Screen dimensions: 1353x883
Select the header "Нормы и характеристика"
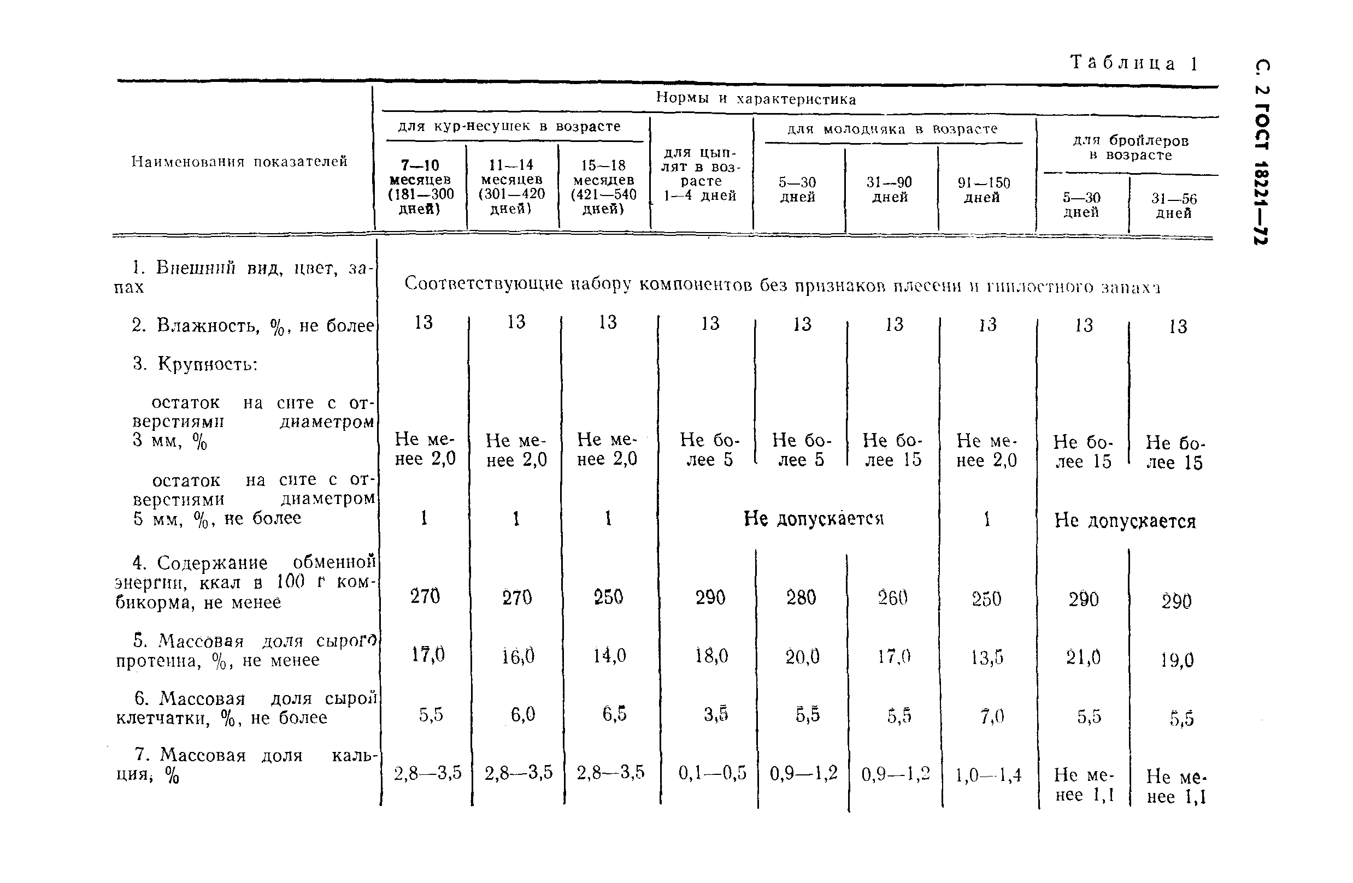[756, 99]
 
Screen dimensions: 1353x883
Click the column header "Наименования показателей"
[239, 162]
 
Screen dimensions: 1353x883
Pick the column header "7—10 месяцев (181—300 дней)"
[421, 187]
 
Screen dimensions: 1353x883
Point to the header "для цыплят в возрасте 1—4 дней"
[701, 174]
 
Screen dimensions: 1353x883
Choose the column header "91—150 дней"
[984, 190]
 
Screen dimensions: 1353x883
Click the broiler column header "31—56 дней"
[1173, 206]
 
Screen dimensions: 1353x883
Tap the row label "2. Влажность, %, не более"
[252, 325]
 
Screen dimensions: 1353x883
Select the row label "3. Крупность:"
[196, 363]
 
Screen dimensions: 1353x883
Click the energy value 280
[801, 597]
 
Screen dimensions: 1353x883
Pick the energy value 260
[892, 597]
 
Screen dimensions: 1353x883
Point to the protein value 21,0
[1083, 657]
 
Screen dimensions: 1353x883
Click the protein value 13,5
[987, 657]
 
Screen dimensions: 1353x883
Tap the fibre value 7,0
[991, 716]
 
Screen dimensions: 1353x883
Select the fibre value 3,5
[715, 714]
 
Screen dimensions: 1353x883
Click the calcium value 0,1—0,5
[712, 773]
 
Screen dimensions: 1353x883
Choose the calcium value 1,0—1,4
[988, 774]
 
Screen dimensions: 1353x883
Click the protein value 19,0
[1176, 660]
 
